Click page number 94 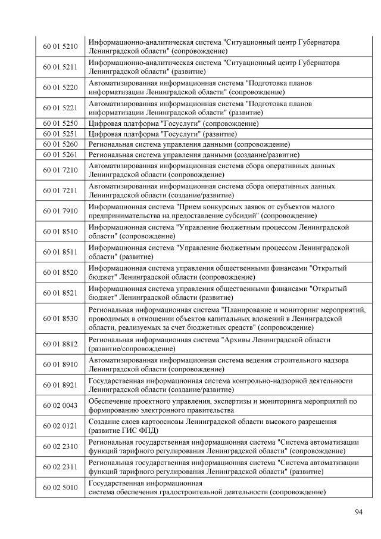pos(358,512)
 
